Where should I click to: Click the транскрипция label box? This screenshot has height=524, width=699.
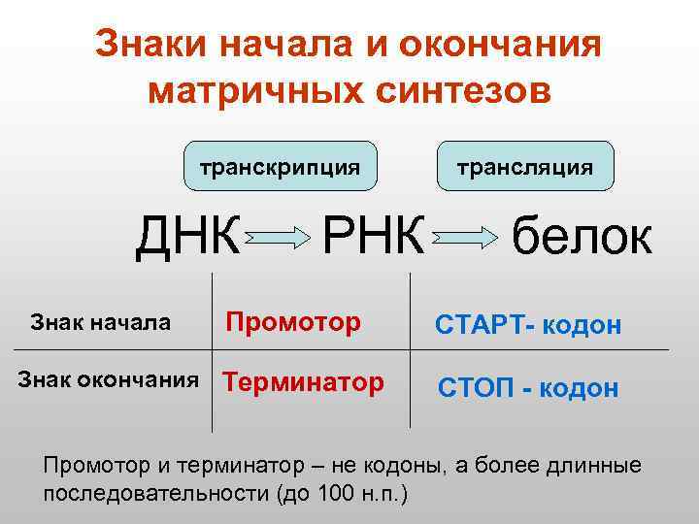tap(280, 166)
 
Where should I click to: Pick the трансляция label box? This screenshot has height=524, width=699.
tap(526, 166)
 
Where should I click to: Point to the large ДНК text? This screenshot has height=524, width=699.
tap(187, 236)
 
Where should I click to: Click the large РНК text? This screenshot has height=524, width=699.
tap(373, 236)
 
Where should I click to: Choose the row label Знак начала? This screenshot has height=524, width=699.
tap(101, 321)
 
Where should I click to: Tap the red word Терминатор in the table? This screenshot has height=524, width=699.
tap(303, 381)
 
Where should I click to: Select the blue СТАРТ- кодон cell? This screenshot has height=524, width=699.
tap(527, 325)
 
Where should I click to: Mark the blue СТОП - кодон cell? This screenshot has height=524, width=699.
tap(527, 388)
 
